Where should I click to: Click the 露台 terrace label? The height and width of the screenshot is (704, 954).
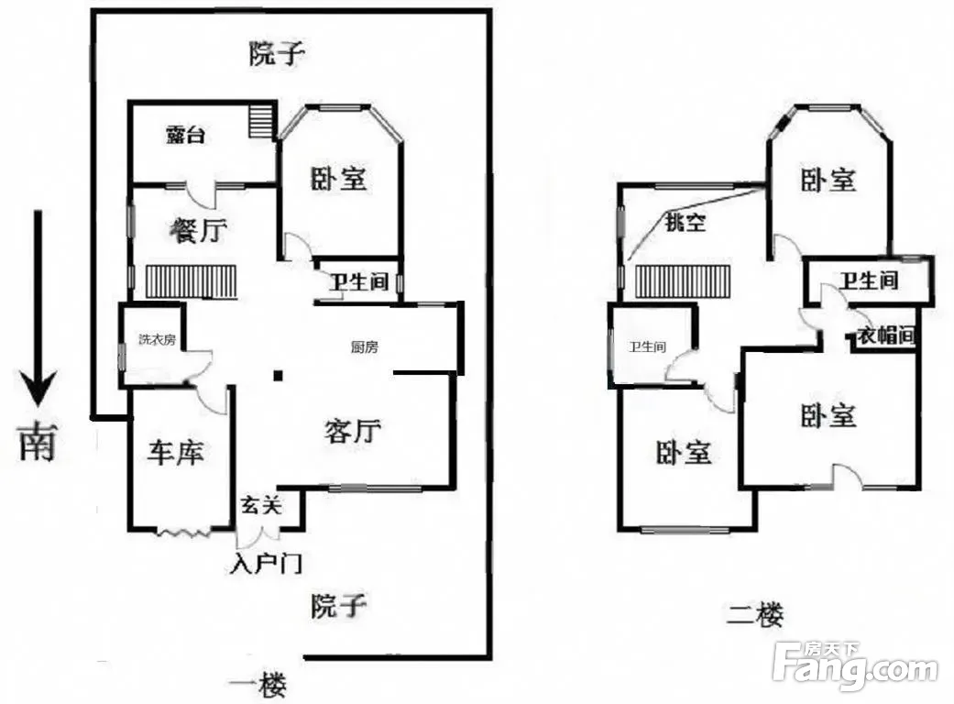(185, 135)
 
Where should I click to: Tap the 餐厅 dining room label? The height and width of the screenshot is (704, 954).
(199, 231)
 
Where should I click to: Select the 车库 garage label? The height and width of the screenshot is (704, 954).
(175, 453)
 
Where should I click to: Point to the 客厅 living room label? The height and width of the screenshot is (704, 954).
(353, 430)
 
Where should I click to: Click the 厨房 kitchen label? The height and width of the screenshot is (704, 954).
(365, 347)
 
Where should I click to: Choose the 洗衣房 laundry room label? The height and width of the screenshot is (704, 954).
(157, 339)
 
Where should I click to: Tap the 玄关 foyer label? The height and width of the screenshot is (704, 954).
(261, 504)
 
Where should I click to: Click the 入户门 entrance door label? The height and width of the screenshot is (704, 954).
(266, 564)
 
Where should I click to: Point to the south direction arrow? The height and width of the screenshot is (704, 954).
(38, 309)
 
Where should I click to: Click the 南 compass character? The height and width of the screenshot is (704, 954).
(38, 442)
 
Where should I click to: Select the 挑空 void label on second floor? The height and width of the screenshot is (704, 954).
(685, 222)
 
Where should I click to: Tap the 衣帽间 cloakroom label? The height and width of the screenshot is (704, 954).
(886, 335)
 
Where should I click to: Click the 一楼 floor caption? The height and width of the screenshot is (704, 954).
(258, 685)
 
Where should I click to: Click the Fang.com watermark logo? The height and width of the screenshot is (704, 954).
(855, 665)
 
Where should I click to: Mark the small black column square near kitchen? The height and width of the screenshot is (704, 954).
(278, 376)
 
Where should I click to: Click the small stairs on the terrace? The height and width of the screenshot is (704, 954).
(260, 120)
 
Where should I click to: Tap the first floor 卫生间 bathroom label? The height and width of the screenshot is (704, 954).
(359, 281)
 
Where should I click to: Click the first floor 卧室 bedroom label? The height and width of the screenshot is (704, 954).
(338, 179)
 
